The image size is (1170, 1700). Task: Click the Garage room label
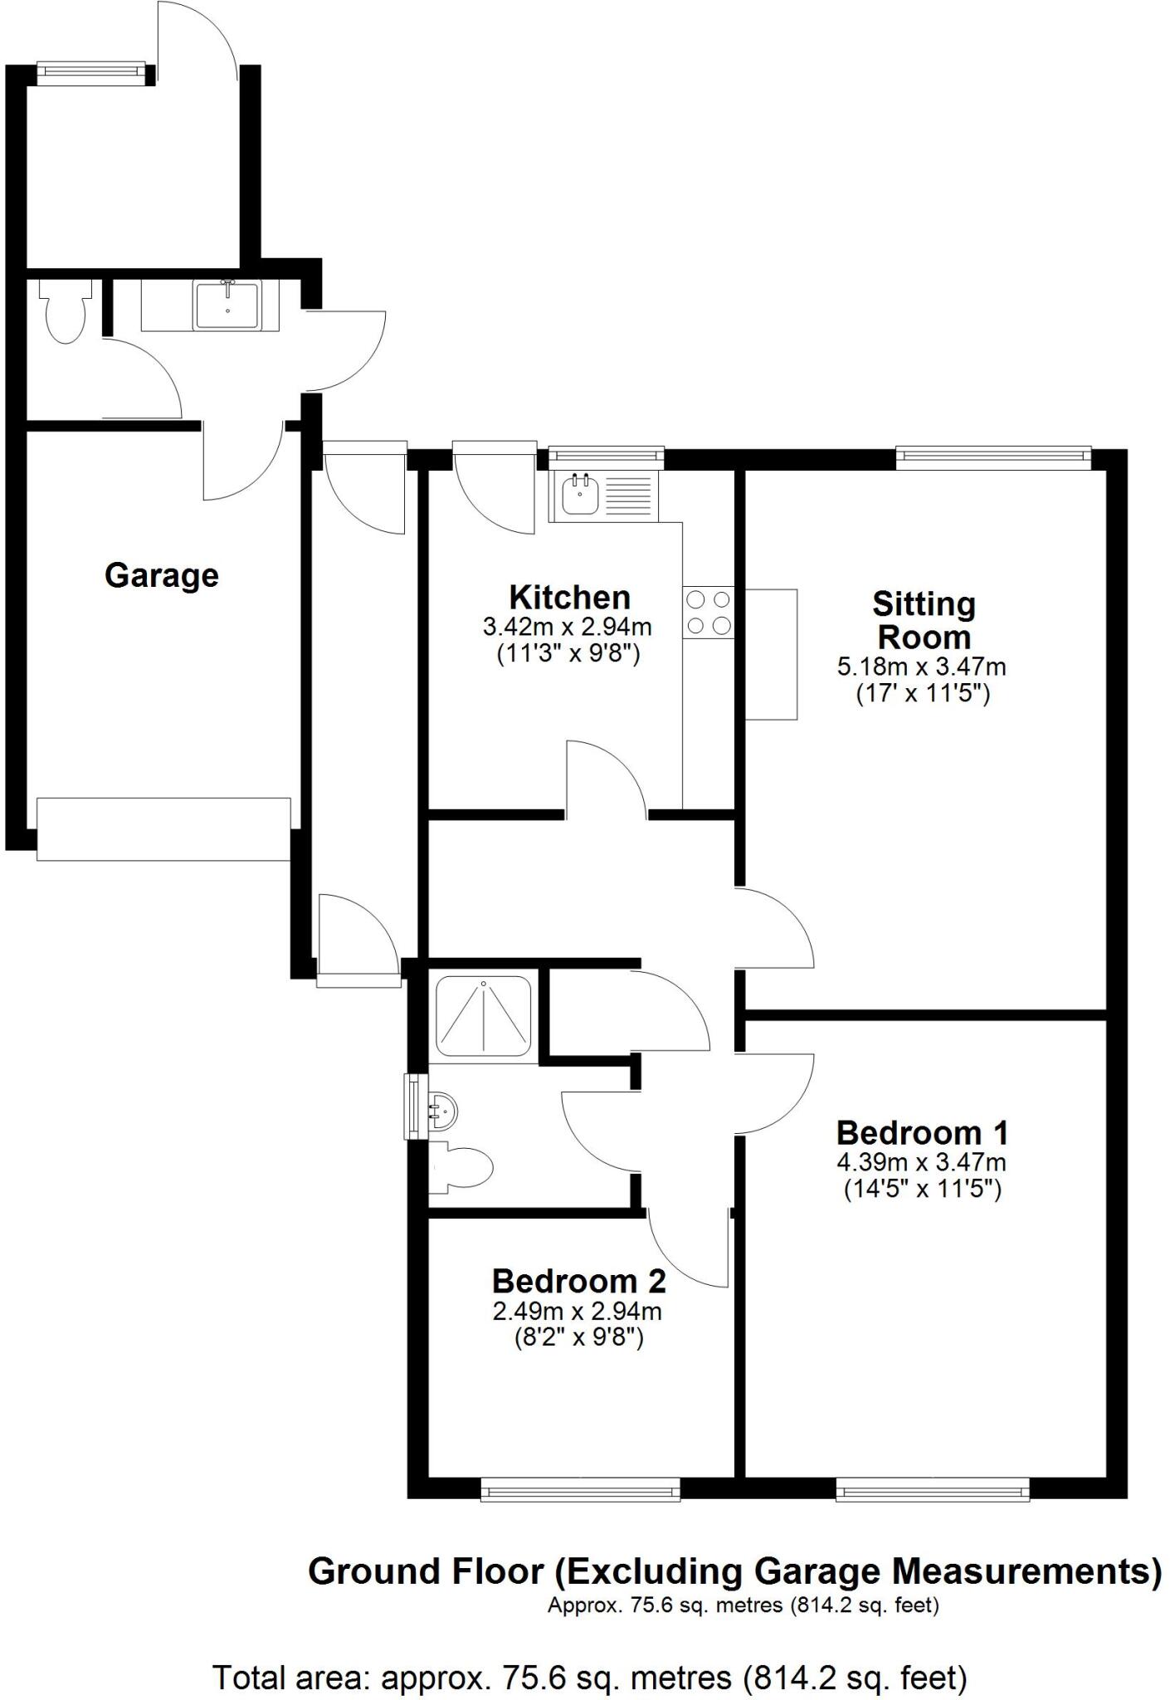pyautogui.click(x=162, y=575)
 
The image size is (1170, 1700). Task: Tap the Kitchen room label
pyautogui.click(x=569, y=597)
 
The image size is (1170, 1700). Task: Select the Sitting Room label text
pyautogui.click(x=924, y=621)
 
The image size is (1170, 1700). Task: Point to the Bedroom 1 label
pyautogui.click(x=922, y=1132)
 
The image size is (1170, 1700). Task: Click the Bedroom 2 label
pyautogui.click(x=578, y=1281)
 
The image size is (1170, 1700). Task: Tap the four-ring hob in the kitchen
pyautogui.click(x=709, y=613)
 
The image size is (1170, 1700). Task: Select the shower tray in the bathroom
pyautogui.click(x=484, y=1015)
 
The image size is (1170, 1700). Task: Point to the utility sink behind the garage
pyautogui.click(x=227, y=305)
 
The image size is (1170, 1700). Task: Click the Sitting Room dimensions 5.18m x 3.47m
pyautogui.click(x=922, y=667)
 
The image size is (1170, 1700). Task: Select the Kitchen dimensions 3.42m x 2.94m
pyautogui.click(x=568, y=627)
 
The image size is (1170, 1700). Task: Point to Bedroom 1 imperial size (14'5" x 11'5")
pyautogui.click(x=923, y=1190)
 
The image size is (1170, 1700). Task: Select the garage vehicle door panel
pyautogui.click(x=163, y=828)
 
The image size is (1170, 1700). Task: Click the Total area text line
pyautogui.click(x=591, y=1677)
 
